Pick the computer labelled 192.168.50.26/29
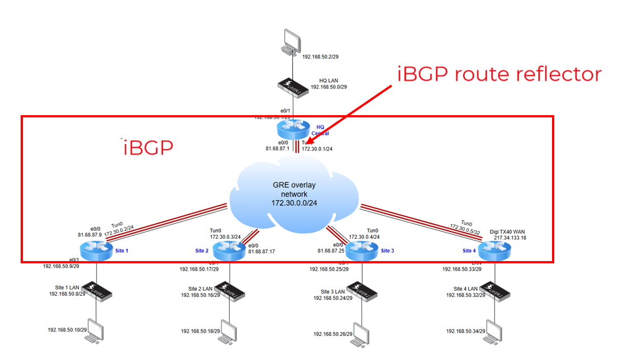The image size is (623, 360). [361, 332]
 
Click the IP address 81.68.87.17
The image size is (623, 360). [261, 252]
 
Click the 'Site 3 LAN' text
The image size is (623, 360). [333, 291]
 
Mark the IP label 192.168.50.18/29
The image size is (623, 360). [199, 331]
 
